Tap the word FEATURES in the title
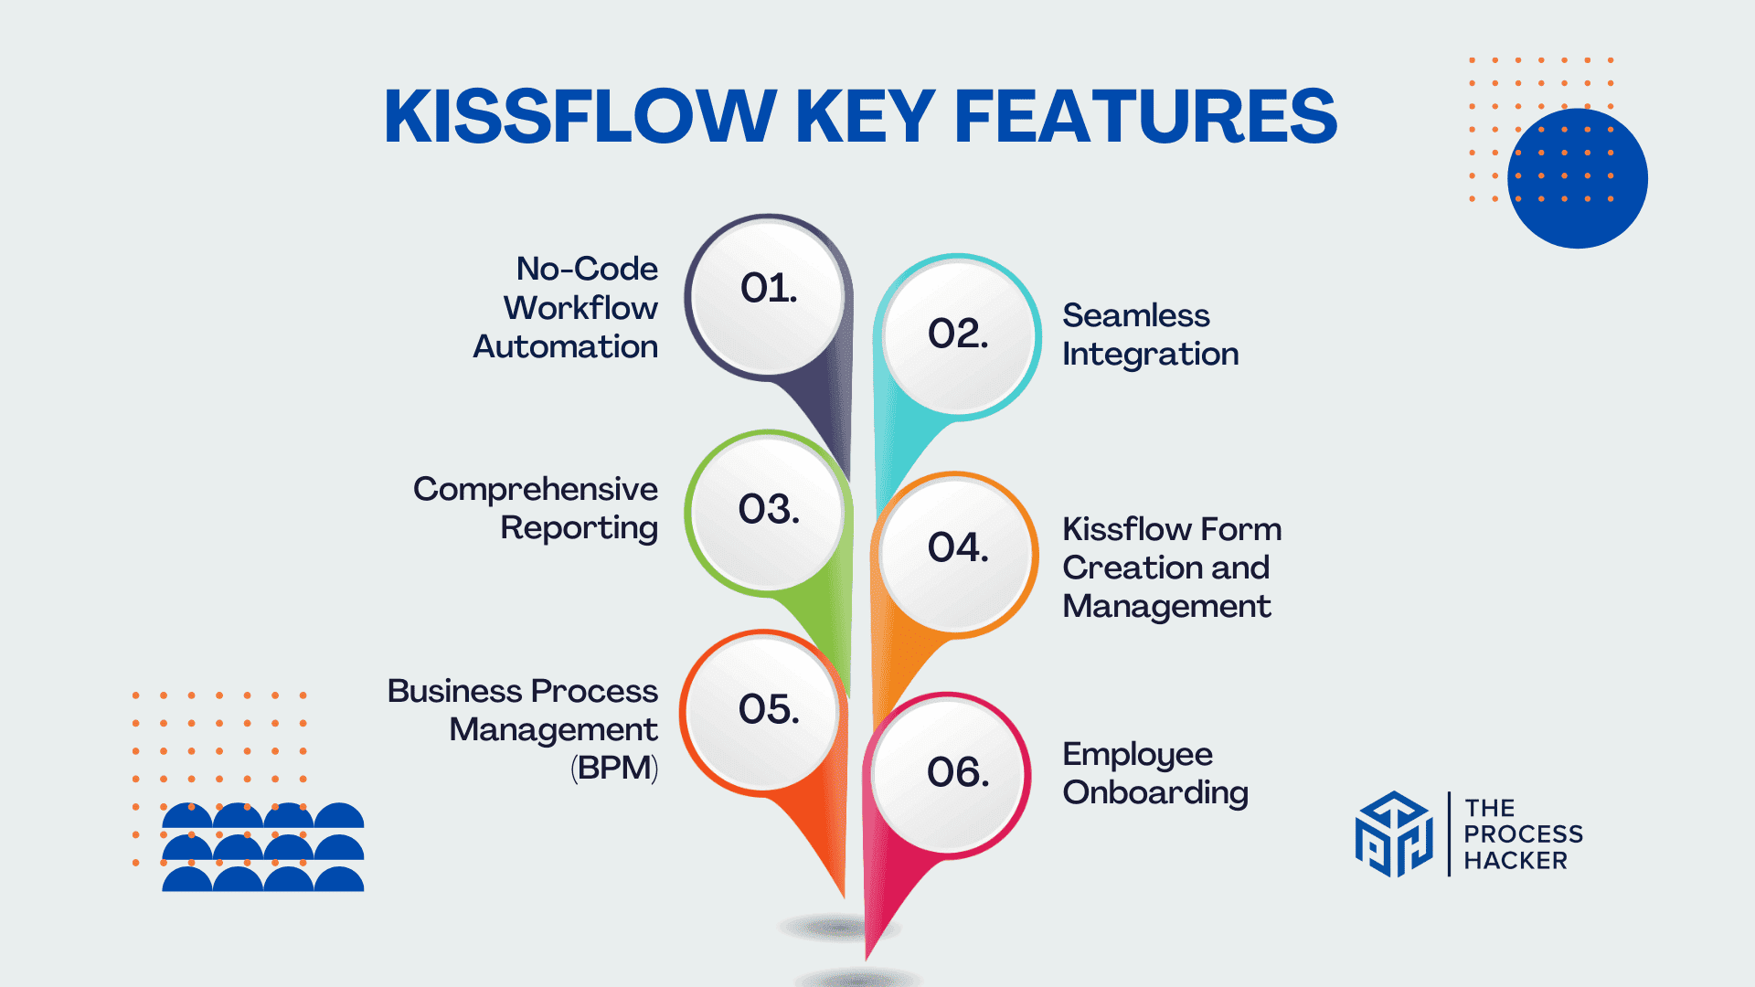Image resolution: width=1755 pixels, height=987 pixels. (1145, 116)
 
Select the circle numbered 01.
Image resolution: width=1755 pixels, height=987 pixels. (768, 294)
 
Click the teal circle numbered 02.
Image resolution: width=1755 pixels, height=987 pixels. (958, 335)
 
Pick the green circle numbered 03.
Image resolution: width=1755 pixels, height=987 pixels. (768, 511)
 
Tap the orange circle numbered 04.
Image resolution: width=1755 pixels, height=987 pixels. (958, 551)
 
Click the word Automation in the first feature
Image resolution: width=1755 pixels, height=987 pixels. (565, 347)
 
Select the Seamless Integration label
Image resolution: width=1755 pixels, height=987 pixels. (1150, 334)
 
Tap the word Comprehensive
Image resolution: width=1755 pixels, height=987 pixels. (535, 490)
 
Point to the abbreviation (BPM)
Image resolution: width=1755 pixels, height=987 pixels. (614, 768)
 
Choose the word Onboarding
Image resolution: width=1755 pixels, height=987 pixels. (1155, 792)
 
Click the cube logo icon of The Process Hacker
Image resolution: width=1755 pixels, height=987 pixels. (1393, 833)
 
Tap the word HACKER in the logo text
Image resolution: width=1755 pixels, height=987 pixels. (1515, 861)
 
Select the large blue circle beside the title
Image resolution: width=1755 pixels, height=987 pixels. (1578, 177)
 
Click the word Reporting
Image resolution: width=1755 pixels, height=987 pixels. (579, 528)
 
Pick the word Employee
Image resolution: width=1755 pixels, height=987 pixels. (1137, 755)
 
